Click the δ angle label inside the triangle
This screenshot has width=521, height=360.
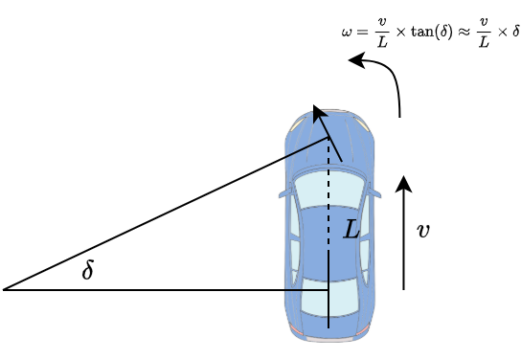(x=88, y=271)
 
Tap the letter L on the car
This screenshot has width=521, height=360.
(x=351, y=229)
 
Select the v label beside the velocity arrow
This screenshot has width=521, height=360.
(x=422, y=231)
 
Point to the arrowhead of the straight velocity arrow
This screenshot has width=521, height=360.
(x=404, y=183)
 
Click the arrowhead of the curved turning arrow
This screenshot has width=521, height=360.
(x=355, y=61)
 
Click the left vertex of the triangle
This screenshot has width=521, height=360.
(x=5, y=289)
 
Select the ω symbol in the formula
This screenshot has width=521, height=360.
(x=346, y=32)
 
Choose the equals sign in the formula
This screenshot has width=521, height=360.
(x=360, y=32)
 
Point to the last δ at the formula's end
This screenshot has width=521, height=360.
(x=515, y=32)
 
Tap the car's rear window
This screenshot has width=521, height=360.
(x=328, y=298)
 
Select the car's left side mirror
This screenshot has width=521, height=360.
(x=283, y=194)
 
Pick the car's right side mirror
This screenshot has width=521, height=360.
(x=375, y=194)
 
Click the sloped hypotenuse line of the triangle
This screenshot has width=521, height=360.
(x=163, y=214)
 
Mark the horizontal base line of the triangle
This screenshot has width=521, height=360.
(x=163, y=289)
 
